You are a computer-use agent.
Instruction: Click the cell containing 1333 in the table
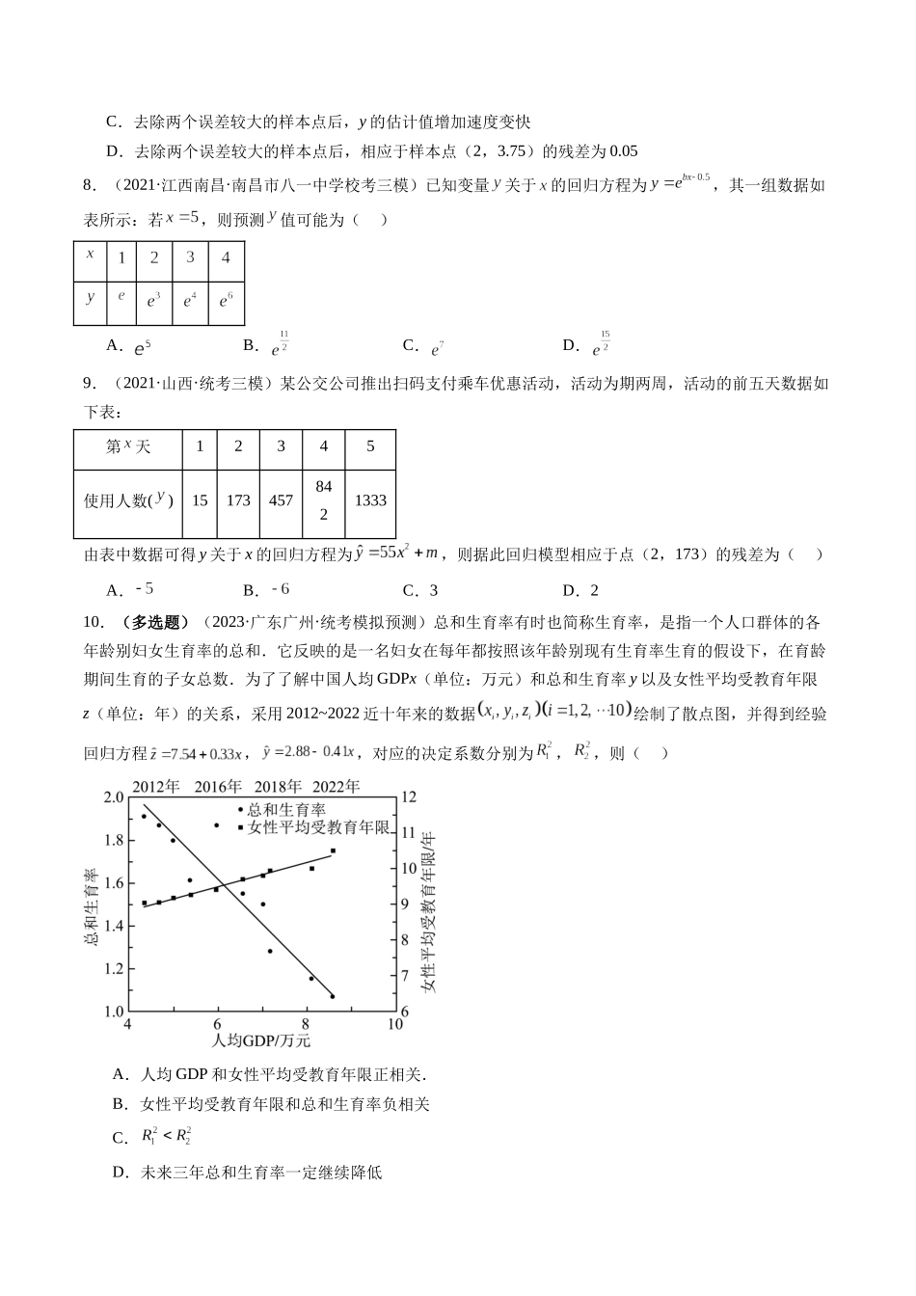point(370,500)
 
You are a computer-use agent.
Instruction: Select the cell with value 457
point(281,500)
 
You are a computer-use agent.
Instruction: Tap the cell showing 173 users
point(238,500)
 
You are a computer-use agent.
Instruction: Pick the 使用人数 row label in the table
point(128,500)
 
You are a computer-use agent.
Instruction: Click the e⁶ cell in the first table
point(226,301)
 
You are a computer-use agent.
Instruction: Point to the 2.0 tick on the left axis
point(113,797)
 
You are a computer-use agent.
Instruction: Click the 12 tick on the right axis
point(407,797)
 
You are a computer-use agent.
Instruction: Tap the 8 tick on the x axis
point(307,1024)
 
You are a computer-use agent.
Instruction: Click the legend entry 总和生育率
point(285,810)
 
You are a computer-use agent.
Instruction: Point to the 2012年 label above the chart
point(157,786)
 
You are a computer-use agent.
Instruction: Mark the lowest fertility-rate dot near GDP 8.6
point(333,996)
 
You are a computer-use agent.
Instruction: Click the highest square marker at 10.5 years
point(333,850)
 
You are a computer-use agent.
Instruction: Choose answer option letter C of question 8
point(410,345)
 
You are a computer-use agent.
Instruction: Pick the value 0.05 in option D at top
point(624,151)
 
